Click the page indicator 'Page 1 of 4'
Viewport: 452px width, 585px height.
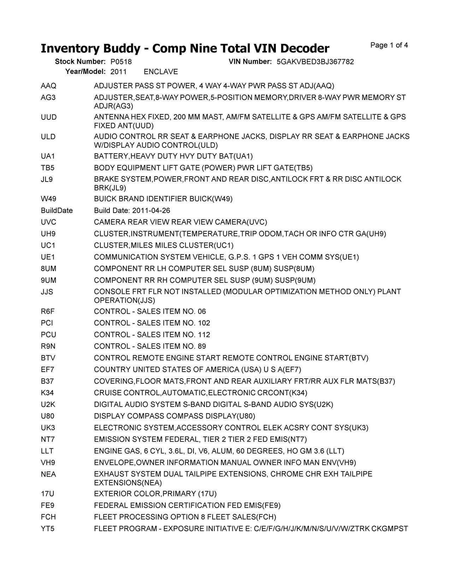[x=389, y=45]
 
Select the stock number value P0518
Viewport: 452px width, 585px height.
[x=121, y=62]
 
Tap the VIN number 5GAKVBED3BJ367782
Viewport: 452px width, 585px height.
[x=315, y=62]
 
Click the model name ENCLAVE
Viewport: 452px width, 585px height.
[x=161, y=72]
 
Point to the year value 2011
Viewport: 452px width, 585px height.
[x=118, y=72]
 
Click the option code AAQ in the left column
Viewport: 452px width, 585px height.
[x=48, y=86]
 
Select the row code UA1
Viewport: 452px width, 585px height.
[x=48, y=156]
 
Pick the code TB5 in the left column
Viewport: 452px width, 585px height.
[x=48, y=168]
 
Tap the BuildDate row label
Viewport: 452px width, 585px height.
[x=57, y=211]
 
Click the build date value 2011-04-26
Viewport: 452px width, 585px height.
[x=151, y=211]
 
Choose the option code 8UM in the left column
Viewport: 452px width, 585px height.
[x=48, y=269]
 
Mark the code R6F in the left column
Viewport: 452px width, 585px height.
[x=48, y=312]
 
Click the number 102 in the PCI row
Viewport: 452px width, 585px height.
[x=204, y=323]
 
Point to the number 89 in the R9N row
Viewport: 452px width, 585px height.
[x=202, y=346]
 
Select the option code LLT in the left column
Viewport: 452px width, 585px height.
[x=47, y=451]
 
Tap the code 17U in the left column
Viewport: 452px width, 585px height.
[x=47, y=494]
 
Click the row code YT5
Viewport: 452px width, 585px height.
[x=48, y=529]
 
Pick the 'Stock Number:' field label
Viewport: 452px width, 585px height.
[x=80, y=62]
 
